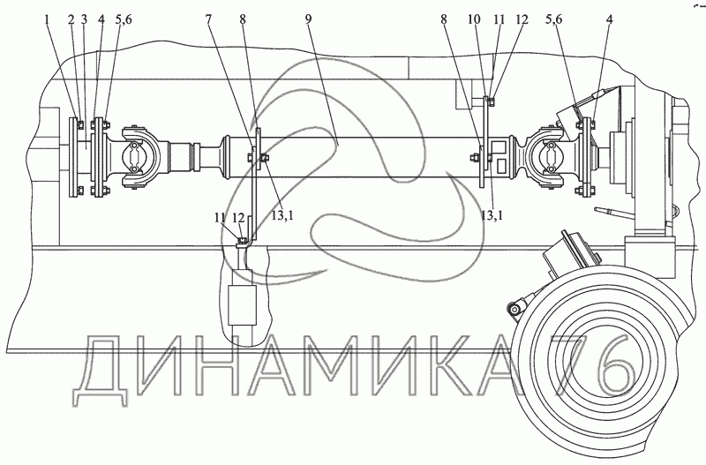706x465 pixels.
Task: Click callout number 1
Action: pos(48,19)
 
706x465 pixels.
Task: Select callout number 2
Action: pos(71,19)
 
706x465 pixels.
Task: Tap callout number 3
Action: pos(84,19)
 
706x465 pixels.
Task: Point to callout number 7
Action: pos(208,19)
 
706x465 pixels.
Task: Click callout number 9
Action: pos(308,19)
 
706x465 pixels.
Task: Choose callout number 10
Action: pos(474,19)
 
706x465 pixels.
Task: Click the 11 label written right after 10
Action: pos(499,19)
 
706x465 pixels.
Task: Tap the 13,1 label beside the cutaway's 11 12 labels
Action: pos(282,215)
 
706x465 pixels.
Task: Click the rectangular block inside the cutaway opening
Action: pos(242,304)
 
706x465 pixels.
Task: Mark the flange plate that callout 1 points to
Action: pos(74,157)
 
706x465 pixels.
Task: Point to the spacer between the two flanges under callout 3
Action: pos(86,156)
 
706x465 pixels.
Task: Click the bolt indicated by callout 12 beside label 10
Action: pos(492,102)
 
